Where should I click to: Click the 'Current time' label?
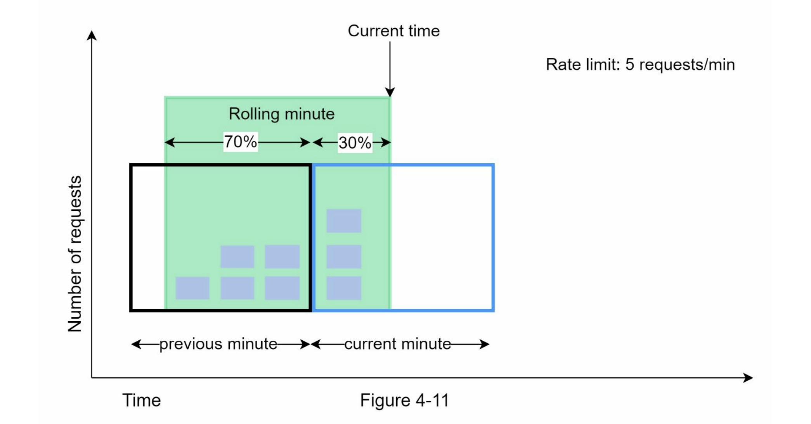393,31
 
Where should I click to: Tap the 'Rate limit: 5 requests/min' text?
640,64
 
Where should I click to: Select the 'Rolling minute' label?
281,114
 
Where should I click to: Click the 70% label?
241,142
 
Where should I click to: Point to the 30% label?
355,143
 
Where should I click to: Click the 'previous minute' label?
218,344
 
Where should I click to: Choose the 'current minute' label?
397,344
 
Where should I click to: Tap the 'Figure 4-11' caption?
404,400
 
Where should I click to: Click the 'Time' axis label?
141,400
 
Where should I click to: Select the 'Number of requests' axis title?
75,254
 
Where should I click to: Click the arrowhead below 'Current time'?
390,92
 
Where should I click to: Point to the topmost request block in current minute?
344,221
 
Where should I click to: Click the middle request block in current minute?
344,257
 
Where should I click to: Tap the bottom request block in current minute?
344,288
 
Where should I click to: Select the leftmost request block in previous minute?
192,288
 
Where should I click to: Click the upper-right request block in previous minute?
282,257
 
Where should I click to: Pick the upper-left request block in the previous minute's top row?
237,257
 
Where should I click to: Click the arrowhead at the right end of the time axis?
748,377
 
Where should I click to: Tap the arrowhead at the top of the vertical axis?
92,36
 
